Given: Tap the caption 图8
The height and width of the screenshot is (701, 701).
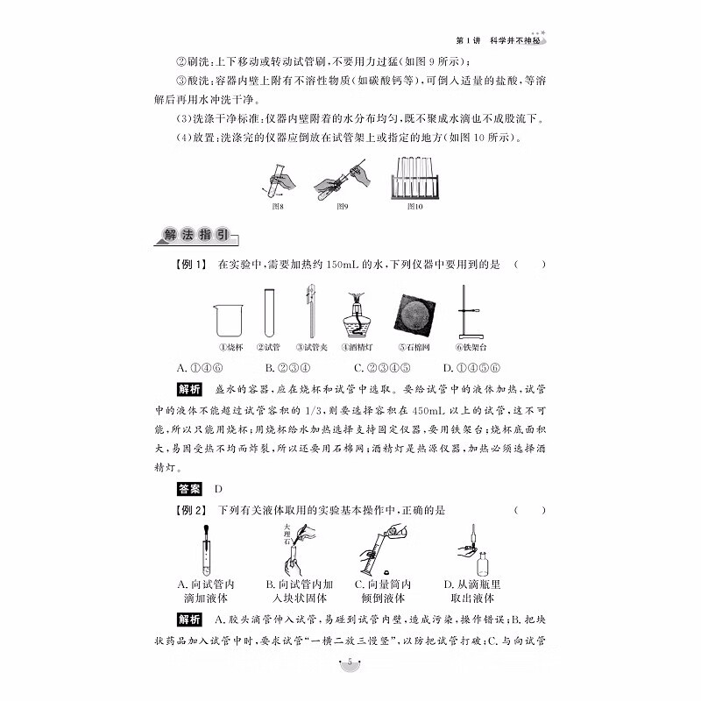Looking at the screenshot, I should coord(279,207).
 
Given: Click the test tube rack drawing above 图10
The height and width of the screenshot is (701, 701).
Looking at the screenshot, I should coord(414,178).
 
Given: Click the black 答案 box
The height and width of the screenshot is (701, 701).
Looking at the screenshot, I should coord(189,489).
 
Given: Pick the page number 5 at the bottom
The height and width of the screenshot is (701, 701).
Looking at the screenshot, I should coord(350,662).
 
